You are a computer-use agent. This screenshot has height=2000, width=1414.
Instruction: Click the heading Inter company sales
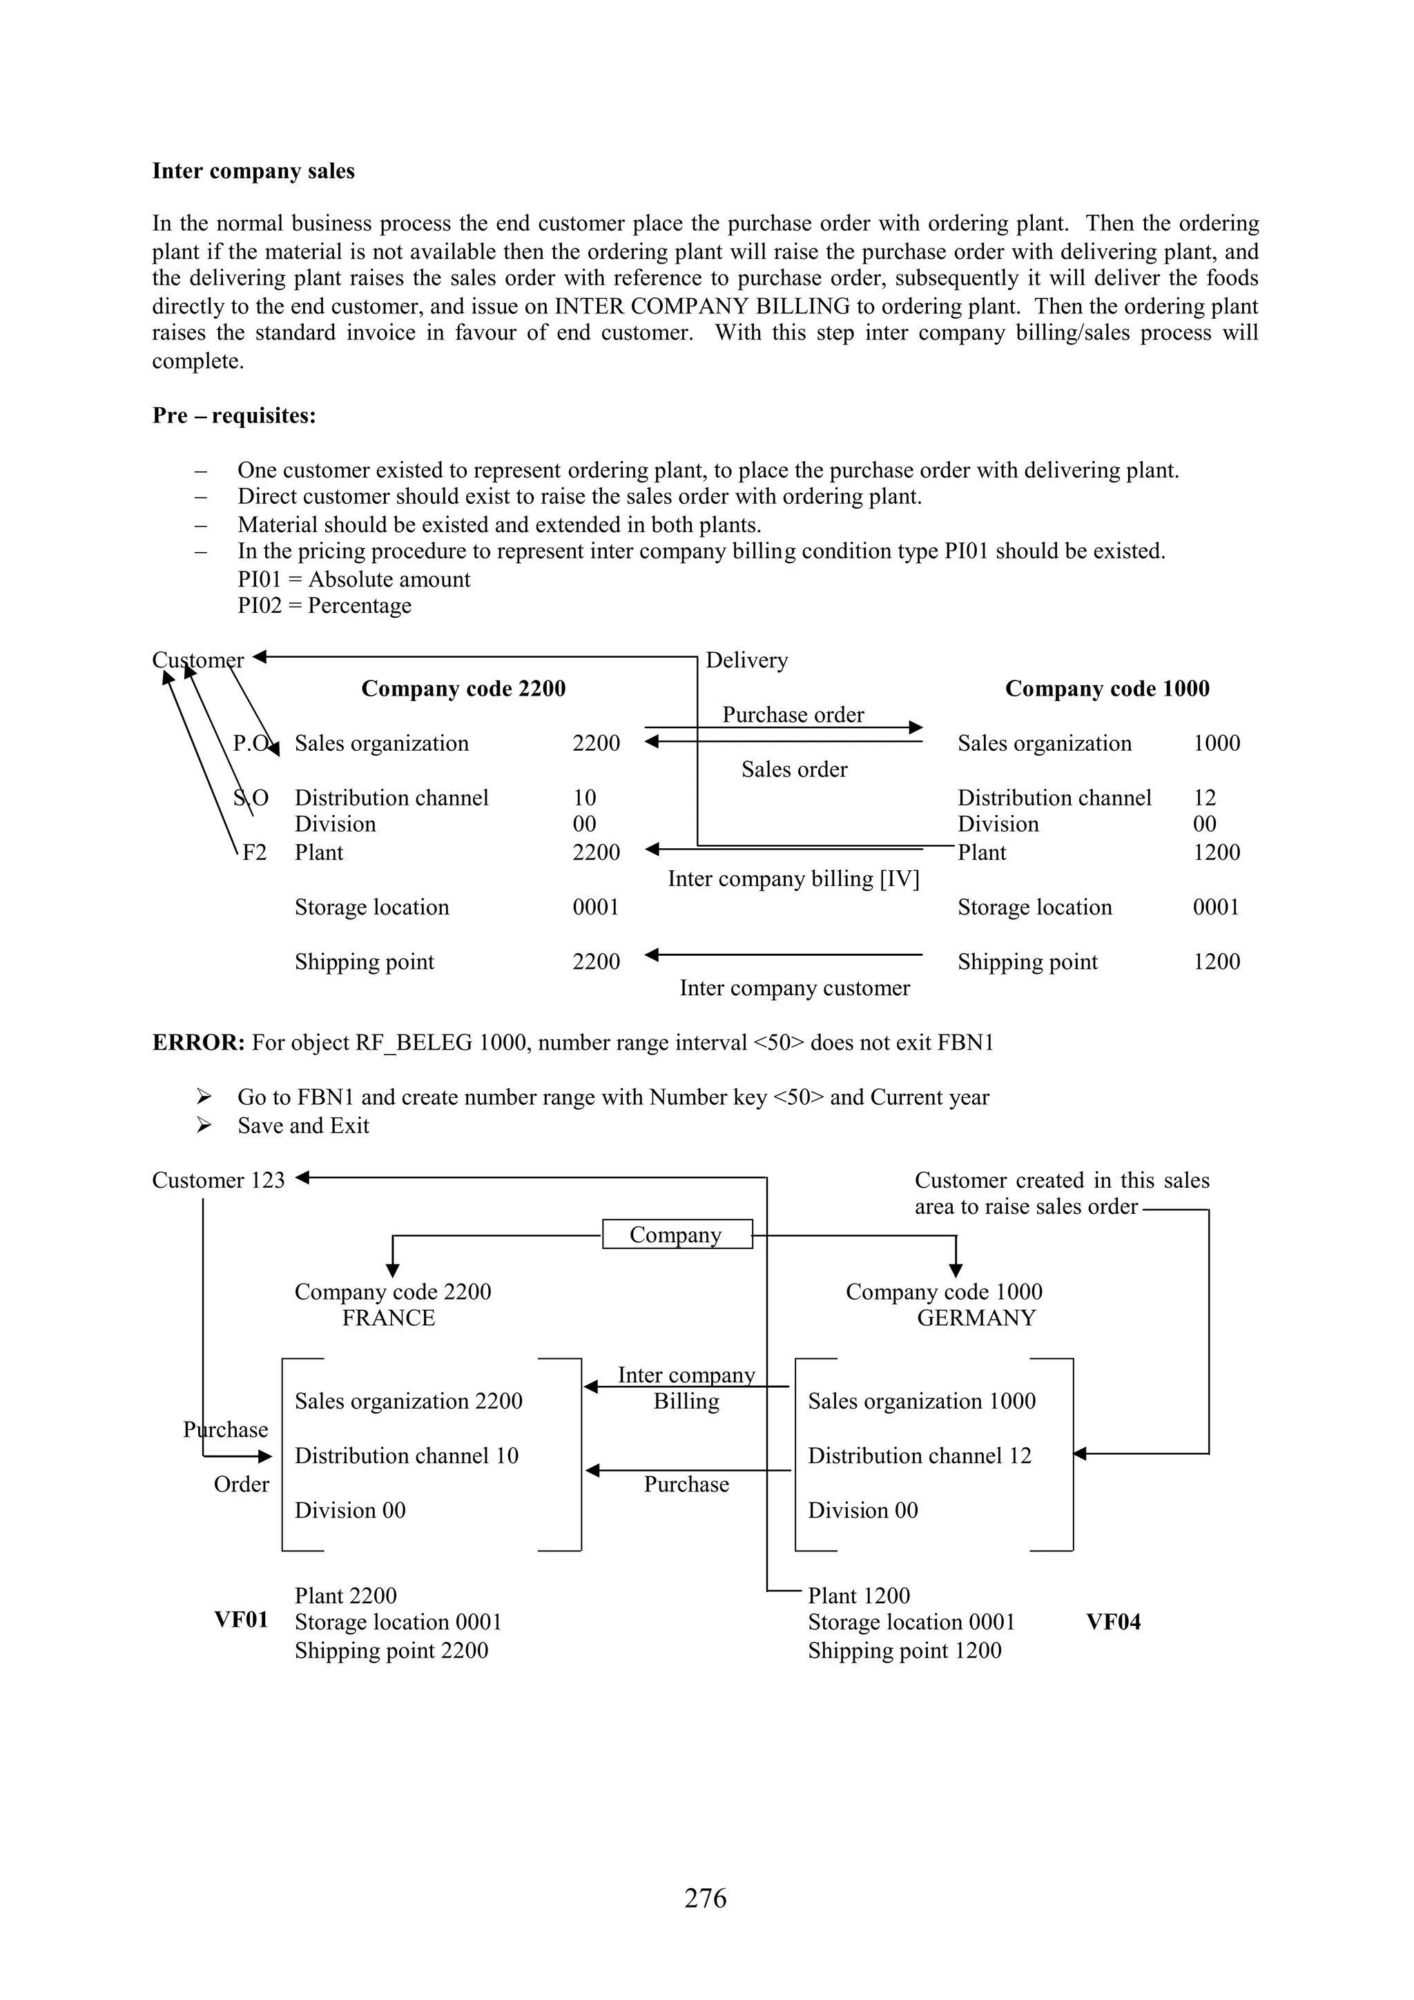click(x=253, y=170)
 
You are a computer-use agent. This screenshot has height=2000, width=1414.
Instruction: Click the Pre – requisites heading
click(x=233, y=415)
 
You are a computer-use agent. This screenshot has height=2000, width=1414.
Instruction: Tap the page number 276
click(x=705, y=1897)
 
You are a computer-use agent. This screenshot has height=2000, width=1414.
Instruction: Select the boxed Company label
click(x=676, y=1235)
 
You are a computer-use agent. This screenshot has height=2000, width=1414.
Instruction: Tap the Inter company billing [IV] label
click(x=793, y=879)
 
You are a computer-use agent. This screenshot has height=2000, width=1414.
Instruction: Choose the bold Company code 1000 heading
click(x=1107, y=689)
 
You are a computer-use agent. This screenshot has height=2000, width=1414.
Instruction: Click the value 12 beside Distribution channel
click(x=1204, y=798)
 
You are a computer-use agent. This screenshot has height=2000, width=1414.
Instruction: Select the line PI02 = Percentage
click(x=324, y=606)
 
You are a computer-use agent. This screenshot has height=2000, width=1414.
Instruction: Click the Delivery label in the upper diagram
click(x=746, y=660)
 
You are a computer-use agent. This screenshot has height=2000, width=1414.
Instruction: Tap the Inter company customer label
click(x=794, y=988)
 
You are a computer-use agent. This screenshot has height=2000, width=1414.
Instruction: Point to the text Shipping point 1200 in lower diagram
click(x=904, y=1651)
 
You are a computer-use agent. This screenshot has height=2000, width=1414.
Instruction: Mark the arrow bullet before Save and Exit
click(x=204, y=1126)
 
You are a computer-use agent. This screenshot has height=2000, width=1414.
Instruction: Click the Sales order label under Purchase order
click(x=794, y=769)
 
